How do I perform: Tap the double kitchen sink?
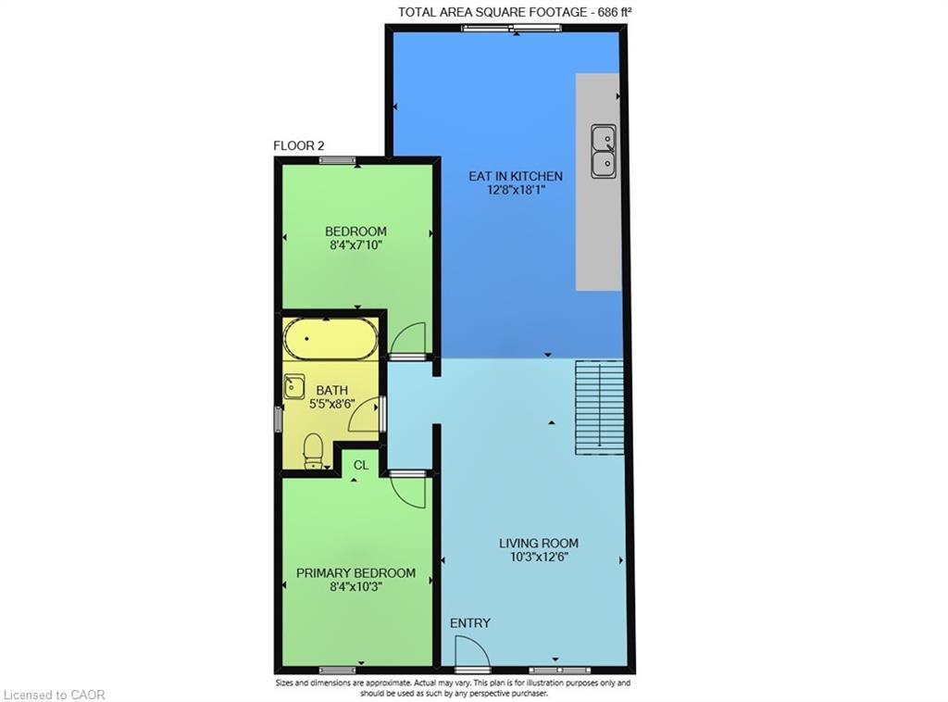605,151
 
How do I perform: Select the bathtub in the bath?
331,339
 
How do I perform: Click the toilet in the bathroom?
314,451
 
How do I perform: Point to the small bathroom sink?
294,386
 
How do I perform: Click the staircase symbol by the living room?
599,408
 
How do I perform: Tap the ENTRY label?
470,623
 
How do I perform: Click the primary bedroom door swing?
408,488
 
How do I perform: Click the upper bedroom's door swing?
407,340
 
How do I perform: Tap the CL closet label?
361,466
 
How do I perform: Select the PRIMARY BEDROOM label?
355,573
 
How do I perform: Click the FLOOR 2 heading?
298,145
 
